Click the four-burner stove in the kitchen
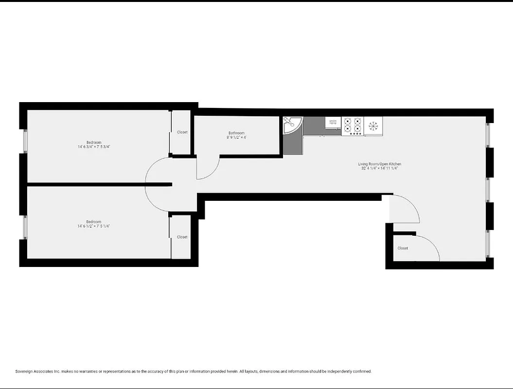click(353, 125)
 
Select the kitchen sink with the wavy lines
click(333, 123)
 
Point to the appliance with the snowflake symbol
click(373, 126)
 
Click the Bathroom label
click(236, 133)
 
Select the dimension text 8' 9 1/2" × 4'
click(236, 138)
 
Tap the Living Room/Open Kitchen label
click(379, 164)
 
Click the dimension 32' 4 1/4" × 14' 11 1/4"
click(379, 169)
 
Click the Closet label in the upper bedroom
click(182, 132)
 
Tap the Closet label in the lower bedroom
click(182, 237)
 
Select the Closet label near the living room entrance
click(403, 248)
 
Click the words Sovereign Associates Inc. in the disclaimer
click(37, 371)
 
